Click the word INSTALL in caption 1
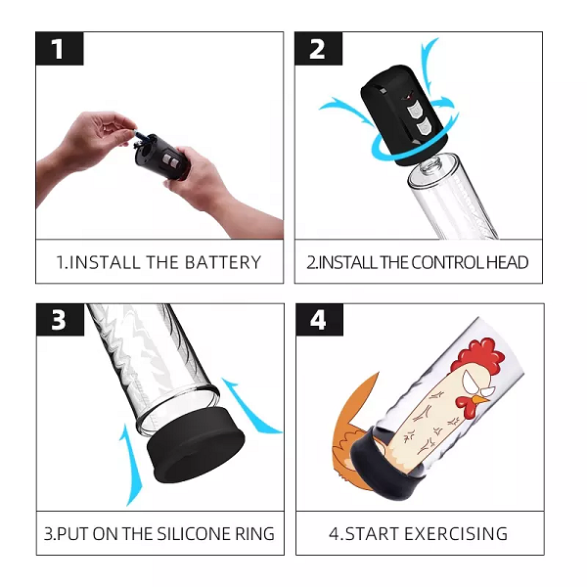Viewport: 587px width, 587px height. pyautogui.click(x=105, y=262)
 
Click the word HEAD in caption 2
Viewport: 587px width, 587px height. pyautogui.click(x=509, y=262)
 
